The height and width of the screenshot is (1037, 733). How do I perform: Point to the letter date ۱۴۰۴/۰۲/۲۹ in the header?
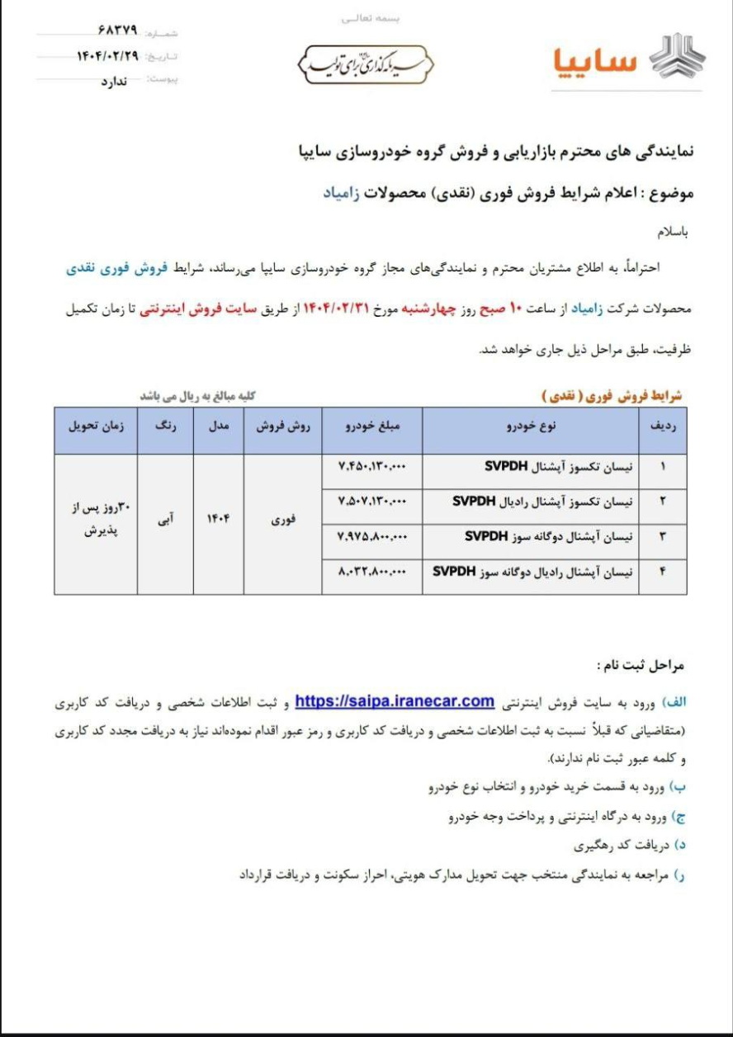point(106,56)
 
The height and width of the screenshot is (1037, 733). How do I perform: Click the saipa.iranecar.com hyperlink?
point(394,701)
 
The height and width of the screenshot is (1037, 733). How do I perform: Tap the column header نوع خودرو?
point(531,427)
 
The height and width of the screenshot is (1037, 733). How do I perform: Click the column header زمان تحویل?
point(95,427)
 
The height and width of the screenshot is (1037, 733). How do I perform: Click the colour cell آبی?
point(165,520)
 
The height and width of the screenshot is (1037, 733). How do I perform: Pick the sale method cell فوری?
point(283,520)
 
